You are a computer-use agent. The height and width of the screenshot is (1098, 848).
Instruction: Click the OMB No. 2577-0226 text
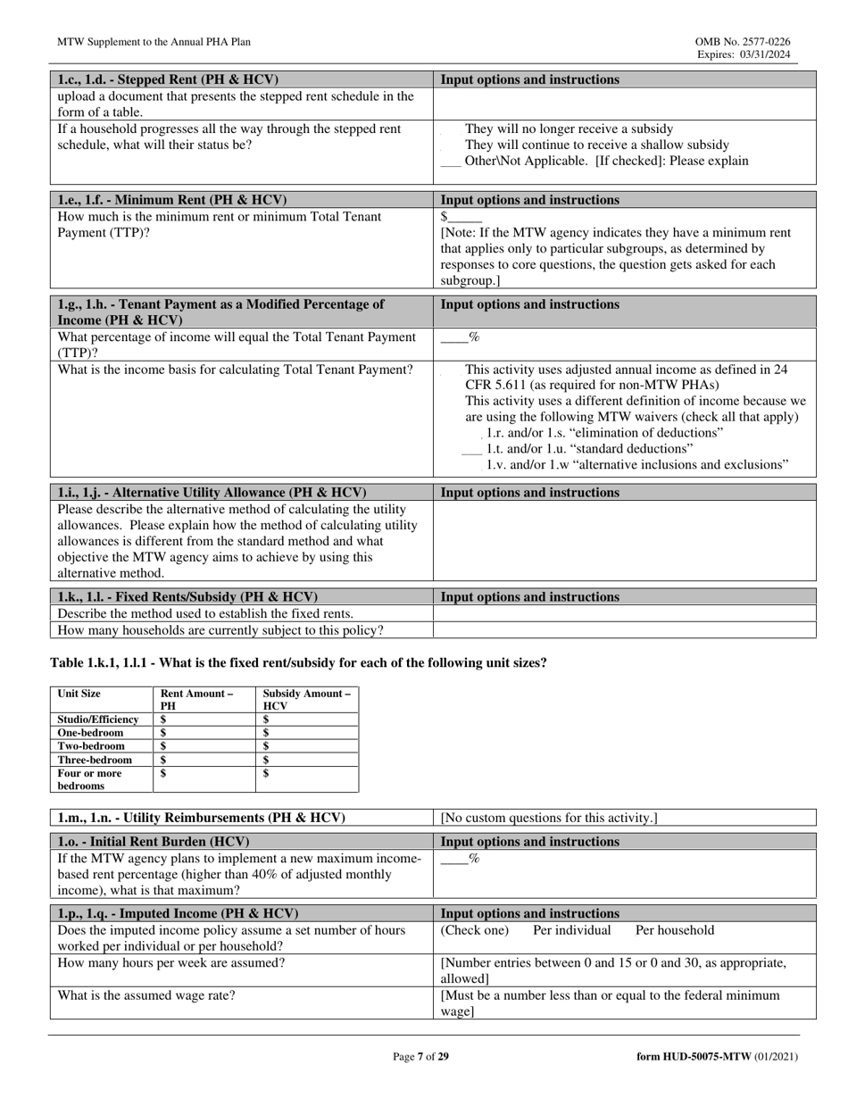point(742,42)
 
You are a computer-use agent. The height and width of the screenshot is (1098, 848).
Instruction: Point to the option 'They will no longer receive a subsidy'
point(569,129)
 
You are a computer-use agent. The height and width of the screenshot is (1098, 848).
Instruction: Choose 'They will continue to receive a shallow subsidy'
point(596,145)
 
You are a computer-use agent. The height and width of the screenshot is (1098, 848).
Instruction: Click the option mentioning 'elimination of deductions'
point(604,433)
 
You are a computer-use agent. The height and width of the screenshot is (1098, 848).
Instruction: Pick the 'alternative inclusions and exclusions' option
point(637,465)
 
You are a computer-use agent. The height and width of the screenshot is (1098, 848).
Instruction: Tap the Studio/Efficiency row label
point(98,720)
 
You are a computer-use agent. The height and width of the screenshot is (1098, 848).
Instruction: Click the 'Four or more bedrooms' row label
point(89,779)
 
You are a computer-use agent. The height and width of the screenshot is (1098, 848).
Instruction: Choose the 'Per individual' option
point(571,930)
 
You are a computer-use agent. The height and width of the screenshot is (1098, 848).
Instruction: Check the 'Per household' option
point(674,930)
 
